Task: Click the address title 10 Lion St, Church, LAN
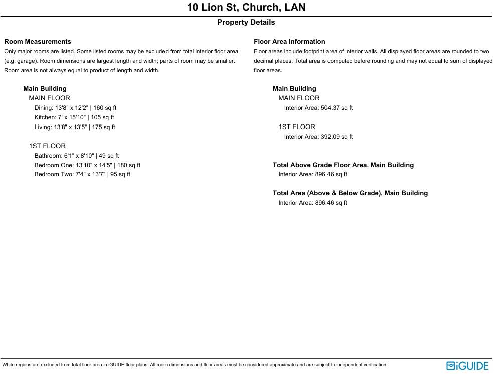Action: point(246,7)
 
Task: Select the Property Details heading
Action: point(246,22)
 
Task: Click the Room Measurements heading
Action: point(38,42)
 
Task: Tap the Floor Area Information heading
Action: point(289,42)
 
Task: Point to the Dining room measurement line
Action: point(75,108)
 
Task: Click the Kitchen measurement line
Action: point(74,117)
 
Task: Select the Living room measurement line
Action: point(75,127)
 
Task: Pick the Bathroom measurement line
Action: point(77,156)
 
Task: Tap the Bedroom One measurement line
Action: point(87,165)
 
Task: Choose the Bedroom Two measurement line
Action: point(82,174)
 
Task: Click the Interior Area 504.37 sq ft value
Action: point(318,108)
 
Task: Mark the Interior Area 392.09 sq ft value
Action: point(318,137)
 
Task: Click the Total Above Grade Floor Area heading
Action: point(343,165)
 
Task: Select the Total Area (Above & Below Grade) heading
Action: point(350,193)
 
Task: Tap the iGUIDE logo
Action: point(467,366)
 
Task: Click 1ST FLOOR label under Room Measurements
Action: point(47,146)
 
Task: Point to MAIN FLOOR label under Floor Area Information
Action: point(299,98)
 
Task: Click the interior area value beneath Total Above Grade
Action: point(313,174)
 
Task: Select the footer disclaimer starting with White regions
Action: point(195,365)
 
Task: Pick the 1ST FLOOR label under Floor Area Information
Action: point(297,127)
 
